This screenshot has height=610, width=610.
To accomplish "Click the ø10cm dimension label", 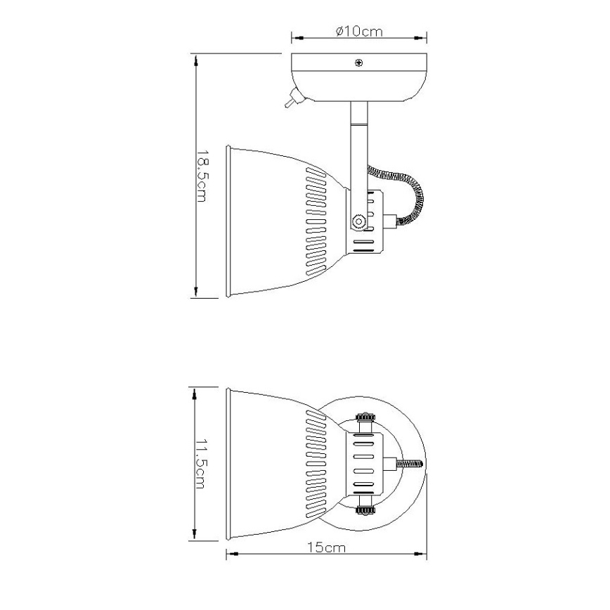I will [358, 31].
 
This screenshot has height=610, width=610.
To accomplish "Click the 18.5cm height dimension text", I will [202, 175].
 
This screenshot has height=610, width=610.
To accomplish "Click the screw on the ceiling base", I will [359, 64].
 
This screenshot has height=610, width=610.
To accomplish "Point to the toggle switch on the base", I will [290, 103].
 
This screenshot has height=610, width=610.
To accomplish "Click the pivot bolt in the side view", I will [359, 221].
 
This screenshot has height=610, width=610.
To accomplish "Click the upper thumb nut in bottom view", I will [365, 419].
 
